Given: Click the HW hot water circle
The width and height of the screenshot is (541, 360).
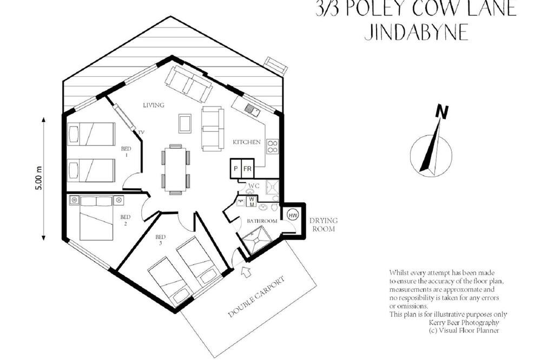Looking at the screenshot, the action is [293, 216].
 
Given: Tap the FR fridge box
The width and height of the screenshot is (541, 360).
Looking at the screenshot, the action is [247, 169].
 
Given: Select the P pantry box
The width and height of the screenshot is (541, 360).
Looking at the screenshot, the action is [236, 169].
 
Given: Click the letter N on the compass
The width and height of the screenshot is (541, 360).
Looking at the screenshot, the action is [441, 112].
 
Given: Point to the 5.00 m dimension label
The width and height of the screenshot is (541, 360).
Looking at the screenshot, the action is [38, 178].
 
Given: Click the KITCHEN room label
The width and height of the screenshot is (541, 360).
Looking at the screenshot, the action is [247, 142].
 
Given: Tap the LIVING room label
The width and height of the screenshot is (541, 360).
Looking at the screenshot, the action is [154, 105].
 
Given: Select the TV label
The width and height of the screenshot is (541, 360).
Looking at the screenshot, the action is [141, 132].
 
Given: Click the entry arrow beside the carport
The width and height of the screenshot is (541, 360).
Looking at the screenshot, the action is [246, 271].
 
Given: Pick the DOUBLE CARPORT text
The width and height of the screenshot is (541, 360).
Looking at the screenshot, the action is [257, 297].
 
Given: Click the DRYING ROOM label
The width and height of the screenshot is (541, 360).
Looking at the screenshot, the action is [323, 224].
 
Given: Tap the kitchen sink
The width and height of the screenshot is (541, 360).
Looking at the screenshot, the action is [252, 110].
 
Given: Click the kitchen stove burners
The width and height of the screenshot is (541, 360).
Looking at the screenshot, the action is [272, 146].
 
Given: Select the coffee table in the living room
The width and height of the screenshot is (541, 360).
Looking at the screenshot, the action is [185, 123].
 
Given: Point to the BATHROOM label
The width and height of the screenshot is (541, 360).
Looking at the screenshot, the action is [262, 221].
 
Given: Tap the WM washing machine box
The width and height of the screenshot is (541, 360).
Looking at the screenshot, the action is [252, 202].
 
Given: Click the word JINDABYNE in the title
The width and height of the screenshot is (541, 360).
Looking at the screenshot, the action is [417, 32].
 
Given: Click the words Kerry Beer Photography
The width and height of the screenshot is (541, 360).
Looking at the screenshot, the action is [464, 323].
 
